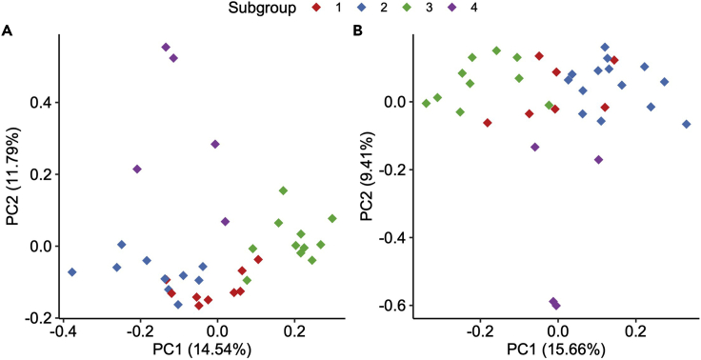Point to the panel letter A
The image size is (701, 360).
(x=8, y=30)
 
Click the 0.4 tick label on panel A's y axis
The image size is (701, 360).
(x=41, y=103)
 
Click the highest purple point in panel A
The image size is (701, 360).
(x=166, y=47)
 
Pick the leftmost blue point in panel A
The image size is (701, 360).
(x=71, y=272)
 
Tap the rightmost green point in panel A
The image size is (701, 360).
(x=332, y=218)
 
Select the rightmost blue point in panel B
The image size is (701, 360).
(x=686, y=125)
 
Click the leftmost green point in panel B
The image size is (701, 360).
(x=426, y=104)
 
